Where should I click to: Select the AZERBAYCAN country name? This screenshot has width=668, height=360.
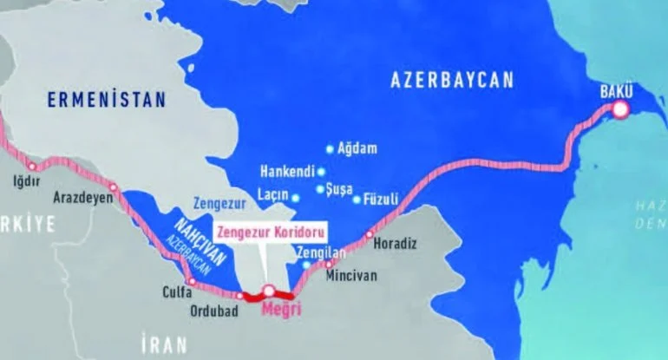[452, 81]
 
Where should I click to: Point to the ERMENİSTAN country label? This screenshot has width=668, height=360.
[106, 101]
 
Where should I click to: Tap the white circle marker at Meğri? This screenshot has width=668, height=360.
[269, 291]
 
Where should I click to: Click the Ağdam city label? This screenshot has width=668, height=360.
[359, 149]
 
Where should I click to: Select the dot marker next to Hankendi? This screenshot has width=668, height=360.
[321, 172]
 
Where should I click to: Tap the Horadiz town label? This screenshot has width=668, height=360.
[389, 245]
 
